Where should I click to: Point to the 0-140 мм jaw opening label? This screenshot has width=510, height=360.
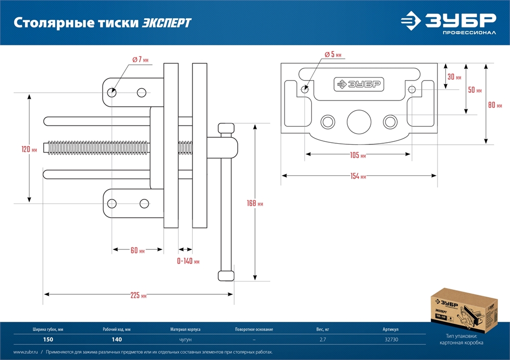[x=188, y=261]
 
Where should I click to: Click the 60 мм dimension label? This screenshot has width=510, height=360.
[x=137, y=250]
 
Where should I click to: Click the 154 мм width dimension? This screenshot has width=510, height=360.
[x=359, y=177]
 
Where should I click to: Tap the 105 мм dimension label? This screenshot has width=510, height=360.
[x=359, y=155]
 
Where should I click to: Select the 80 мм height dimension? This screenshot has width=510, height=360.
[x=492, y=105]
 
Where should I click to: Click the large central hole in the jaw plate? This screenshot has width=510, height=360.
[x=359, y=121]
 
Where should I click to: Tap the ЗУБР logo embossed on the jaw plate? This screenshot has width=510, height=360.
[x=359, y=84]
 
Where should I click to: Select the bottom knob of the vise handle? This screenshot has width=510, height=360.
[x=226, y=275]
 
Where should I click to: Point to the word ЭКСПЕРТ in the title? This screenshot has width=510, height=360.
[x=167, y=23]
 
